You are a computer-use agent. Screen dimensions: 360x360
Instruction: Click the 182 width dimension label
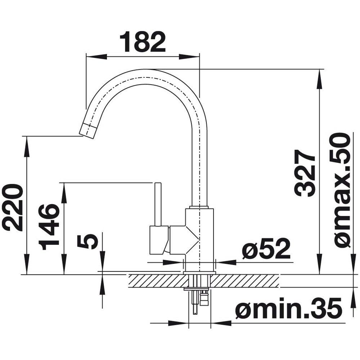143,42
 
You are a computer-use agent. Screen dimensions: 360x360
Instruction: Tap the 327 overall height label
305,173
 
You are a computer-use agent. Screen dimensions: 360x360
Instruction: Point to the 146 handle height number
49,227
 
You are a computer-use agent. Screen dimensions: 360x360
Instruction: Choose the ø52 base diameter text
266,248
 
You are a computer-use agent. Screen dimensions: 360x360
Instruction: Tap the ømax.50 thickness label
340,190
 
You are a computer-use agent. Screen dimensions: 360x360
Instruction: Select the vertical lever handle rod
158,204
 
